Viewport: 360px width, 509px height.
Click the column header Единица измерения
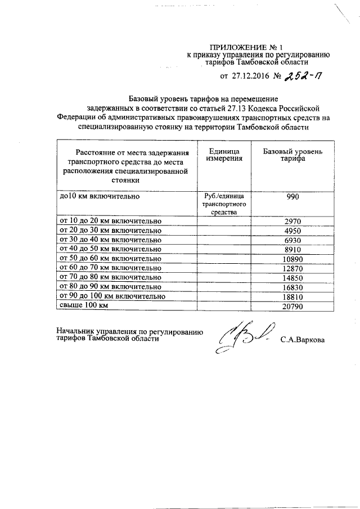point(223,156)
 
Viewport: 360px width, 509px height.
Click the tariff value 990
point(293,197)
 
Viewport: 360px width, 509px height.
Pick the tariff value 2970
point(293,222)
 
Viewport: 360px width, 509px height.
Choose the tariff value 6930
point(293,240)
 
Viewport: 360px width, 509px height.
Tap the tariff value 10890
point(293,259)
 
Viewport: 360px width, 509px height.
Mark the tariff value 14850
point(293,277)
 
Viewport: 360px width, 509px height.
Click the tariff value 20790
point(293,305)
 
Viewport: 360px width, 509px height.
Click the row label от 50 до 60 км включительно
point(111,259)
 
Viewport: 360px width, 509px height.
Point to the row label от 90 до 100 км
point(112,296)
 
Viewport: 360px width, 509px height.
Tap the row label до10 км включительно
point(100,197)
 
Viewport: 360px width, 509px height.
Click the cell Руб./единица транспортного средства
point(223,205)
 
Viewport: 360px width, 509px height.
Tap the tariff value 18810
point(293,296)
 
